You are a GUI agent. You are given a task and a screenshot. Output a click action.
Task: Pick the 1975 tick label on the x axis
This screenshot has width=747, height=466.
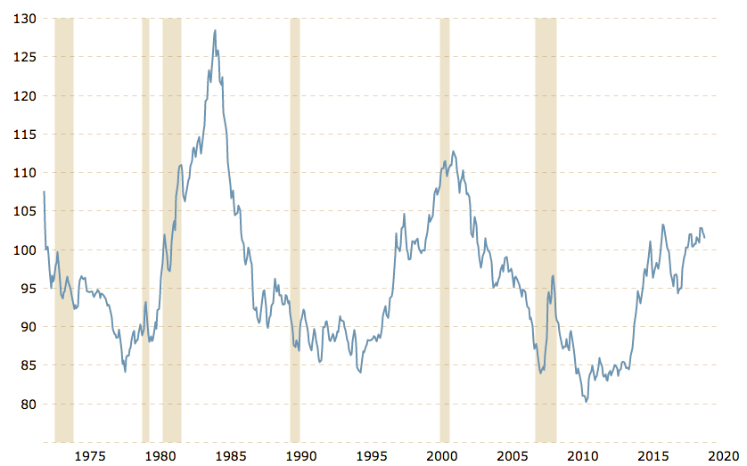coord(89,455)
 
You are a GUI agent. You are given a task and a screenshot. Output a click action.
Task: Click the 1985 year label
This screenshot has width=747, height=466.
coord(231,455)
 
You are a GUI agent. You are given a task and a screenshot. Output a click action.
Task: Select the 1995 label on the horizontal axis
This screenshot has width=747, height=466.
coord(373,455)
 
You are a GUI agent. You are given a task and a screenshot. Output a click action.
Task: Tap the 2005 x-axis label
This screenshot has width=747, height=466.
coord(514,455)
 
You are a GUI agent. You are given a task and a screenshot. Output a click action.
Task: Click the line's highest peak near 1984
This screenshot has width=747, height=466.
coord(215,30)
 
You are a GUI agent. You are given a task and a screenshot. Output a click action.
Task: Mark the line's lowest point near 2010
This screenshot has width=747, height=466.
coord(586,402)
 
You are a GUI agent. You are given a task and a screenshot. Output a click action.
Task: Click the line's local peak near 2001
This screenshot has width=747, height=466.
coord(454,151)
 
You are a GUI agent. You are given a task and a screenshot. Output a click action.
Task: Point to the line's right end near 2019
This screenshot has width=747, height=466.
coord(706,238)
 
